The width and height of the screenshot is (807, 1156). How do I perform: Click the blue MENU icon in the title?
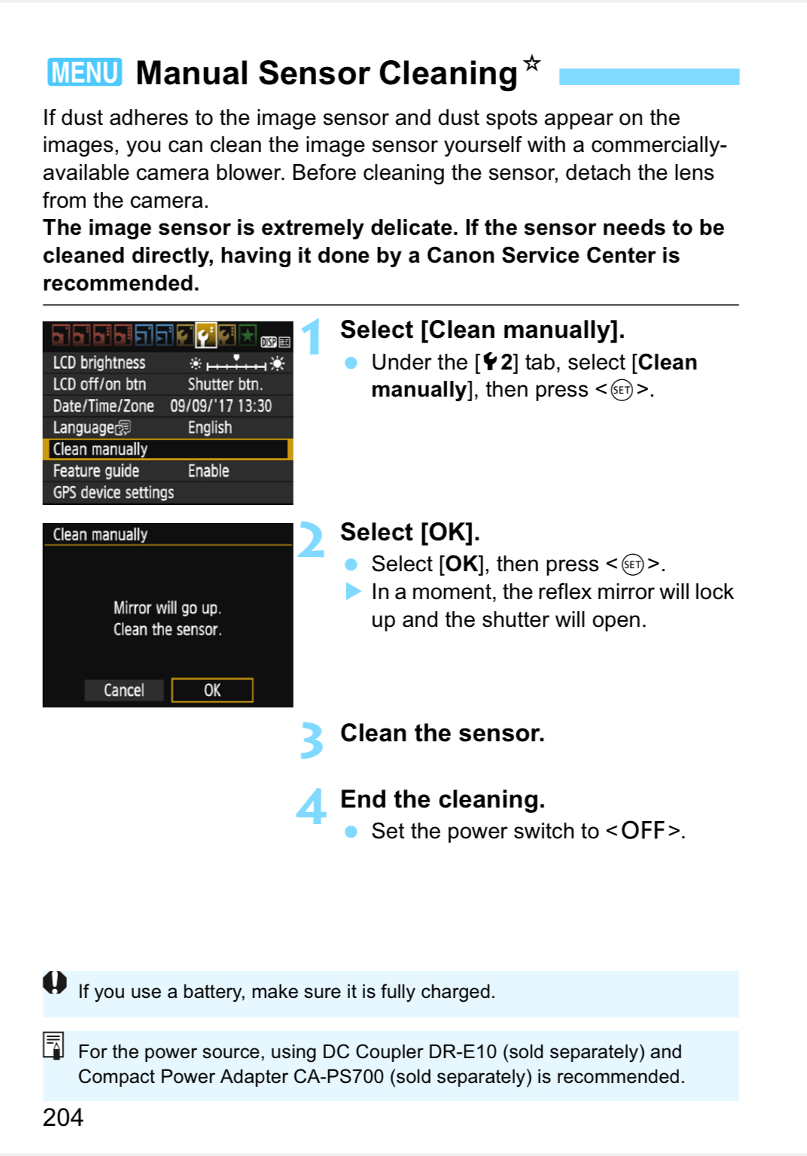84,72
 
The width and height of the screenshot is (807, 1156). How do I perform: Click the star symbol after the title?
532,62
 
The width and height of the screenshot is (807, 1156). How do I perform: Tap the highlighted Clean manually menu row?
167,449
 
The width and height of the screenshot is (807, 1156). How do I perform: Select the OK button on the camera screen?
212,690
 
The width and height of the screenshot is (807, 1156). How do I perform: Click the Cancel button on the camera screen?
123,690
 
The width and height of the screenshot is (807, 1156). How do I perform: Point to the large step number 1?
311,336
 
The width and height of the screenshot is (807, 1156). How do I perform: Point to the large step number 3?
311,741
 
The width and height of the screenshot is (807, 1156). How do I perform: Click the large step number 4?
311,807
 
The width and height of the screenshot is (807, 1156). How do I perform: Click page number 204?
62,1118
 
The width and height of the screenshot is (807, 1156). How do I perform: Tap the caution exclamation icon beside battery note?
55,982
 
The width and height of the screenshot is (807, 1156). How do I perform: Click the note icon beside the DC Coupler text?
53,1045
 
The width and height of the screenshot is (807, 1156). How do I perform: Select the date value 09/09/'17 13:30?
221,406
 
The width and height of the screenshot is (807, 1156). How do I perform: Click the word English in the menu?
209,427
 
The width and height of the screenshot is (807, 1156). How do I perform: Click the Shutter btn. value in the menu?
225,385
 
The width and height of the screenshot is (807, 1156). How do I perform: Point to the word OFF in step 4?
643,831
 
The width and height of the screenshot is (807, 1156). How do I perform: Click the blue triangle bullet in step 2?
352,592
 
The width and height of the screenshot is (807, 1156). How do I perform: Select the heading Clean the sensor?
442,733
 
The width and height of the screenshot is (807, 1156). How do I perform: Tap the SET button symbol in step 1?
622,390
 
